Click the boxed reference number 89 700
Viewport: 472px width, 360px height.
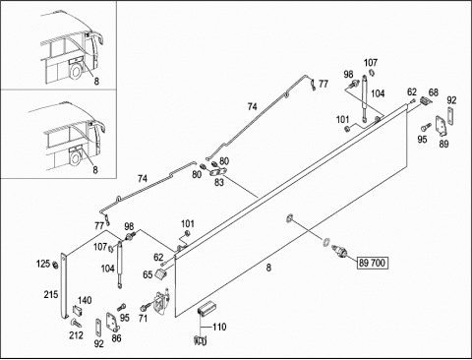pos(373,263)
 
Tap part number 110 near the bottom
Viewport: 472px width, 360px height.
pos(219,327)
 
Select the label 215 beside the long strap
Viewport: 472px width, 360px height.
pos(51,294)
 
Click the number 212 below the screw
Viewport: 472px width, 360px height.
pos(76,335)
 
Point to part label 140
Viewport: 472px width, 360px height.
pos(85,300)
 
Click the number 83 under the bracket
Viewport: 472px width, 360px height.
pos(219,182)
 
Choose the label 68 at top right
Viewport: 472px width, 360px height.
pos(434,92)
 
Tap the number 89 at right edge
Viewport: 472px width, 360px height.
pos(443,144)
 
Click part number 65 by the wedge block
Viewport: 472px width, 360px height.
pos(147,274)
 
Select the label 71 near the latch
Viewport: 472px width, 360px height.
pos(143,318)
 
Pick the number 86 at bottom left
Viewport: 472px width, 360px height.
pos(116,338)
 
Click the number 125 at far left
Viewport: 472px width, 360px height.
pos(43,264)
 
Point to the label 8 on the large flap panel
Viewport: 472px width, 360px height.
pos(268,268)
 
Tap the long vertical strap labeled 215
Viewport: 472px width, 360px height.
pos(64,285)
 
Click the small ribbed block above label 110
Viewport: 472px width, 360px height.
pos(206,308)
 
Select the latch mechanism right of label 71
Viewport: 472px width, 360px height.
pos(162,303)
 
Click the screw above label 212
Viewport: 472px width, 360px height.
pos(76,323)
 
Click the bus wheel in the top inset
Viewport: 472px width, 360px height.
pos(77,71)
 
